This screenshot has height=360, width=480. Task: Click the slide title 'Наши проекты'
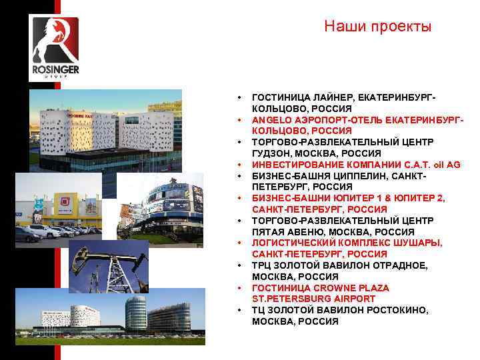(x=377, y=27)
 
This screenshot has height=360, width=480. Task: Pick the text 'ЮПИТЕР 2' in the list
(x=421, y=199)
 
